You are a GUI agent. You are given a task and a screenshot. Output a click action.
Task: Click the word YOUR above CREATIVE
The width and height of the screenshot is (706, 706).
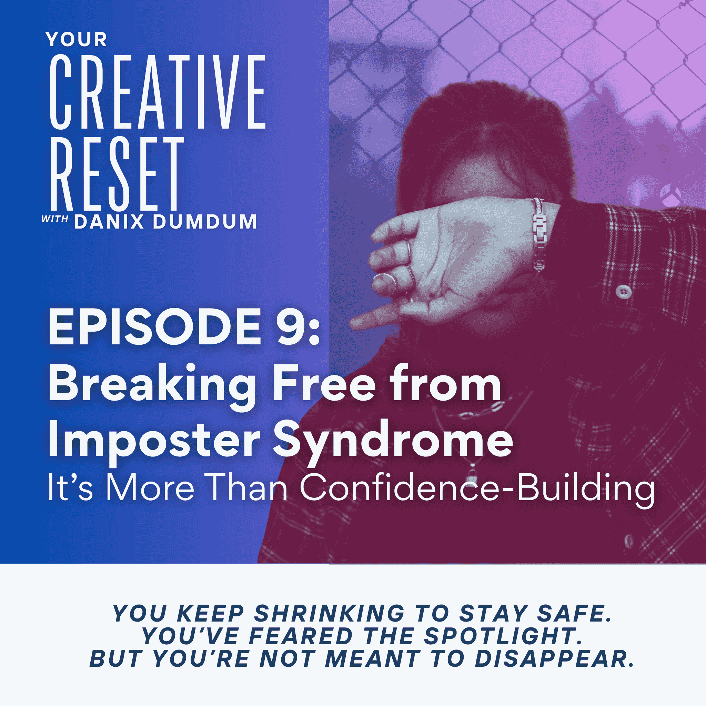77,39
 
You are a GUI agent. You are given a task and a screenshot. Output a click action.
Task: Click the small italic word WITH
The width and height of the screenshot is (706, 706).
55,219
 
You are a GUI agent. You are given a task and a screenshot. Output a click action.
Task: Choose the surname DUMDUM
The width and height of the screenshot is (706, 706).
205,222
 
